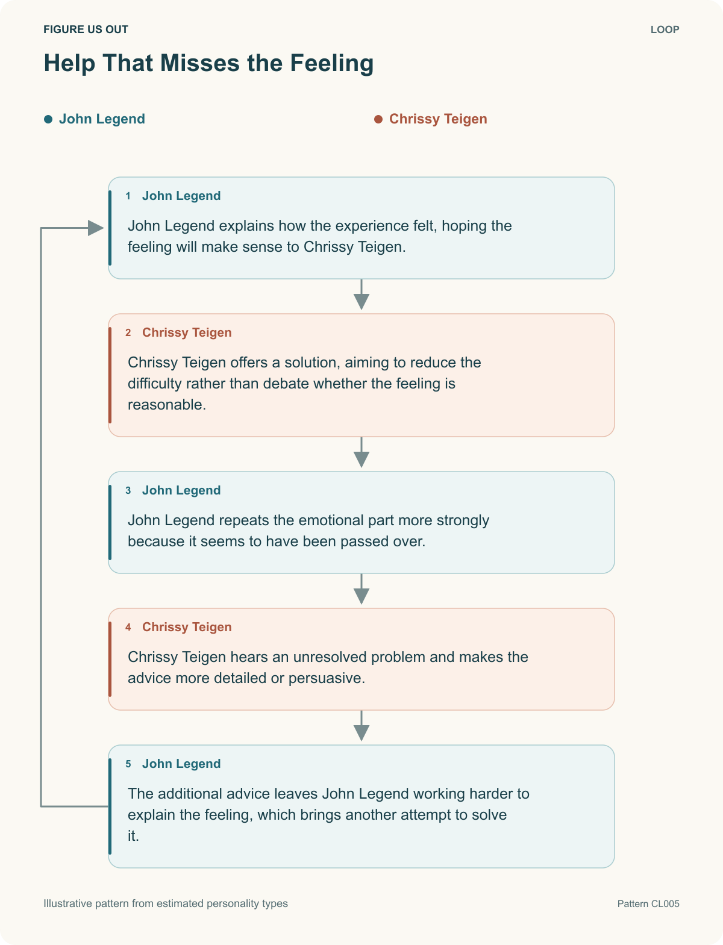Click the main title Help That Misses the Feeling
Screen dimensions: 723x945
208,63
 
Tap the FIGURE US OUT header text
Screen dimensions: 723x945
86,30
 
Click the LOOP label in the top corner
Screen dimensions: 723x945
665,30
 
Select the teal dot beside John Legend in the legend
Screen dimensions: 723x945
48,119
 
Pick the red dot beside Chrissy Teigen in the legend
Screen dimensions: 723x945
378,119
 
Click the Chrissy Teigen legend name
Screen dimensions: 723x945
438,119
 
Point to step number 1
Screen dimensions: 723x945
128,196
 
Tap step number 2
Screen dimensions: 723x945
128,332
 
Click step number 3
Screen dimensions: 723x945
128,490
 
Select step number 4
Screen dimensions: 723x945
128,627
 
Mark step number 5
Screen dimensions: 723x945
128,764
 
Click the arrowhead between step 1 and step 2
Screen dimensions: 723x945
361,301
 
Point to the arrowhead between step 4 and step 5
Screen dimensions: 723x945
361,733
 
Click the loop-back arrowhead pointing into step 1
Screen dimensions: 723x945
96,228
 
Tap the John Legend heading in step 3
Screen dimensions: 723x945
181,490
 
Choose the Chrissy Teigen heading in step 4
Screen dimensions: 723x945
187,627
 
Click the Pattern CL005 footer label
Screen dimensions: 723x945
648,903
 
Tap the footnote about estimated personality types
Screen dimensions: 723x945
165,903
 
